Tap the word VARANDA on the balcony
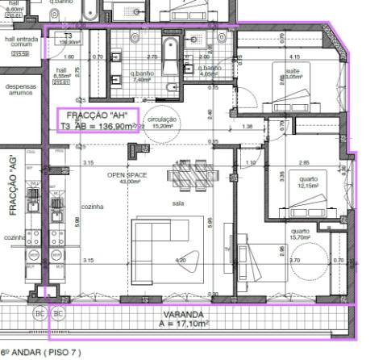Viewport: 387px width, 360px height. pyautogui.click(x=183, y=313)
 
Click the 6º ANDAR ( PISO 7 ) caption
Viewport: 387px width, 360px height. pyautogui.click(x=41, y=353)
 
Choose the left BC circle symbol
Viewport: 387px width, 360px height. pyautogui.click(x=39, y=312)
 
